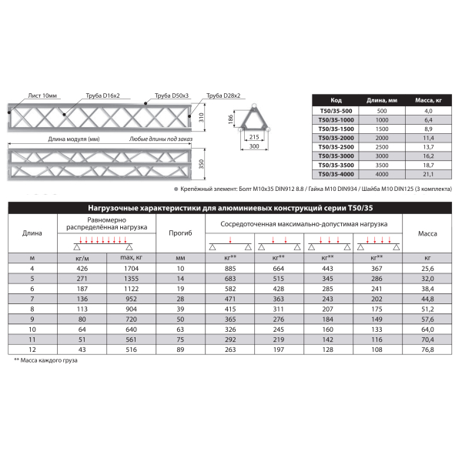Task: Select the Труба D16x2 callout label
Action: point(95,95)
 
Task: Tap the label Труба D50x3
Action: point(170,95)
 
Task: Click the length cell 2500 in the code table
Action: point(382,146)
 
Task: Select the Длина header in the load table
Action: point(32,232)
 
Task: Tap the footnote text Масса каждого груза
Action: point(48,360)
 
